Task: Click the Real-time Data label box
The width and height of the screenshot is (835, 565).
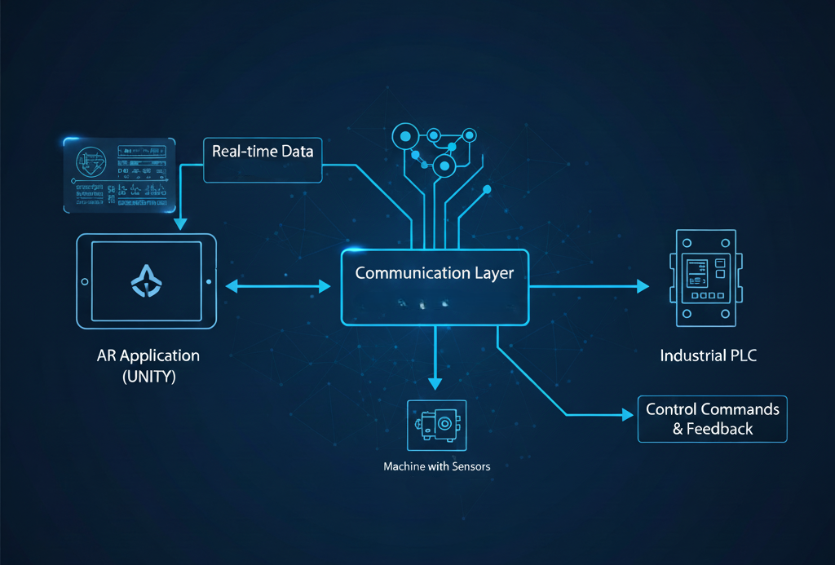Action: (x=263, y=159)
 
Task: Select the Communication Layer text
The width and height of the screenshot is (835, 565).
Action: (x=435, y=273)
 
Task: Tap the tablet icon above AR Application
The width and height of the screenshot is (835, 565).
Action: (x=148, y=282)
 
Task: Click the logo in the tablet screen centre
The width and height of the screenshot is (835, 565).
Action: (x=148, y=281)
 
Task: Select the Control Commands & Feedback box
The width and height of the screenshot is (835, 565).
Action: (x=712, y=419)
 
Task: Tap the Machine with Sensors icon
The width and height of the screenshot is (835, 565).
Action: (x=436, y=424)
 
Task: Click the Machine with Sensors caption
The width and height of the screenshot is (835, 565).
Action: (x=436, y=468)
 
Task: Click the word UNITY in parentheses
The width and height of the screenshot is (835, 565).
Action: (x=148, y=377)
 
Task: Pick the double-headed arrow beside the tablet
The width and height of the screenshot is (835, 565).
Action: (x=277, y=285)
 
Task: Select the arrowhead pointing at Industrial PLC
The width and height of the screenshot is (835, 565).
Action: (x=643, y=286)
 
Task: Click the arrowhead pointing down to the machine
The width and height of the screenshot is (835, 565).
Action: (x=436, y=381)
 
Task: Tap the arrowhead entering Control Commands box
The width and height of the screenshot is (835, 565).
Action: (x=628, y=415)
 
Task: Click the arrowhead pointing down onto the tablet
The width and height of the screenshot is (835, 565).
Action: (x=179, y=223)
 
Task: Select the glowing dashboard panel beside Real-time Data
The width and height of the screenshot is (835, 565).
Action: (x=119, y=176)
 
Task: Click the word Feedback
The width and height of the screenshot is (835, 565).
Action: (x=721, y=429)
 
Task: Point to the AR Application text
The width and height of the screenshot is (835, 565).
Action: (x=148, y=356)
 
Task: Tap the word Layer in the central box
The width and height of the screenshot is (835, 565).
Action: (x=494, y=273)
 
